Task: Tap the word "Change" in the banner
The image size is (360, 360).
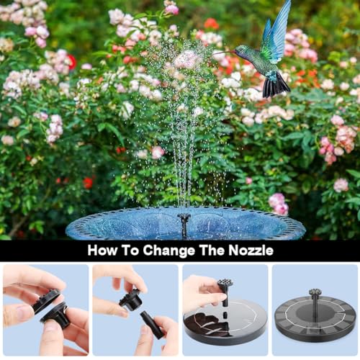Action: point(168,251)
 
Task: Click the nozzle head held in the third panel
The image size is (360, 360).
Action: point(224,284)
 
